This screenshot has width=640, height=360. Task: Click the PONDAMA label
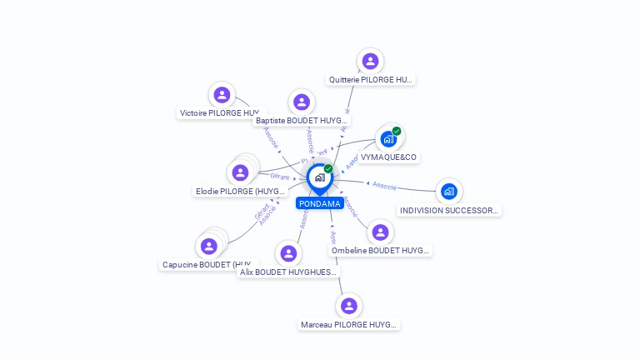click(x=319, y=203)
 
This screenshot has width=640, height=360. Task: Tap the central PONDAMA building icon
click(x=319, y=177)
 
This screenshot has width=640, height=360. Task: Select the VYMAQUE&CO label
click(x=388, y=157)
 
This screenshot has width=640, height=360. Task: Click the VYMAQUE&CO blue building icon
click(x=388, y=138)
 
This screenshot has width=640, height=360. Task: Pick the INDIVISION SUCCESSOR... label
click(x=449, y=210)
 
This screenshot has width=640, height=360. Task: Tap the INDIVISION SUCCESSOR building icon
click(x=449, y=192)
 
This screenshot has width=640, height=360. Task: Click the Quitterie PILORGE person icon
click(x=370, y=61)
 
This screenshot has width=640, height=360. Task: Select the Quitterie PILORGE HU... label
click(x=370, y=80)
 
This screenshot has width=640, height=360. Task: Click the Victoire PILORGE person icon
click(x=221, y=94)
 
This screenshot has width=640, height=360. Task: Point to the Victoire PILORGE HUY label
click(x=220, y=113)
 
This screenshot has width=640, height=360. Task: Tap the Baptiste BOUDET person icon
click(x=302, y=102)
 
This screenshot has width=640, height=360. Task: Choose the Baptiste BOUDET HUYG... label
click(x=301, y=121)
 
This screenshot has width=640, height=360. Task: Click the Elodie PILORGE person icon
click(x=240, y=172)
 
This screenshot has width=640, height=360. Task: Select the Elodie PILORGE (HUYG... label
click(x=240, y=192)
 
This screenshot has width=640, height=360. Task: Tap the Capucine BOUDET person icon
click(x=209, y=246)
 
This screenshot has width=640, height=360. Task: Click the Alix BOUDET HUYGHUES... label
click(x=288, y=272)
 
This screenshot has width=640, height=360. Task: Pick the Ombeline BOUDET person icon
click(x=381, y=232)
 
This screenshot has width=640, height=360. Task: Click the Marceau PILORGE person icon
click(x=349, y=306)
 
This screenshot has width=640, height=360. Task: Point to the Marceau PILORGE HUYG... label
click(x=349, y=324)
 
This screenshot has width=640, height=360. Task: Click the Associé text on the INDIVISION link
click(x=384, y=186)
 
